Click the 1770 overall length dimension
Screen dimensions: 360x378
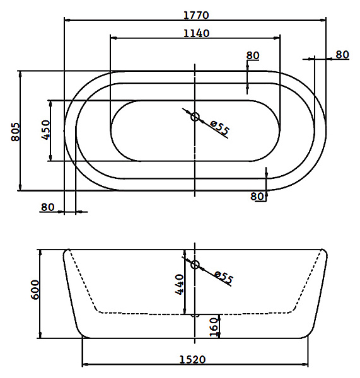(196, 15)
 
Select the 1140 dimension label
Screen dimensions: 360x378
(197, 33)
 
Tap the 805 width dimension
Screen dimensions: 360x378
(15, 132)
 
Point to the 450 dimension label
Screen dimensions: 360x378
(45, 130)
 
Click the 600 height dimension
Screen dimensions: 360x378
(35, 290)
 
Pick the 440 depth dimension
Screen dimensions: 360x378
(179, 284)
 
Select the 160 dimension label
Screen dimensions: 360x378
(214, 327)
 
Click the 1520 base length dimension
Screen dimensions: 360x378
(192, 360)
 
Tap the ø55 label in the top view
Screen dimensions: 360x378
(219, 127)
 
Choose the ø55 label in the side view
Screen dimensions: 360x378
(224, 277)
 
